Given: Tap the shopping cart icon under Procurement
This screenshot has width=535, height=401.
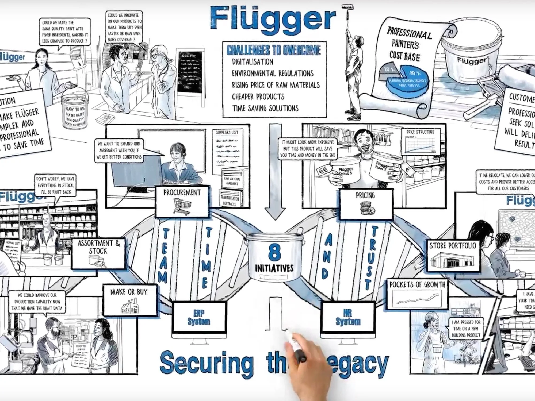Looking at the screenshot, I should click(x=182, y=206).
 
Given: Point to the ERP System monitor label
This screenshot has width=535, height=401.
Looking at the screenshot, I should click(x=199, y=317).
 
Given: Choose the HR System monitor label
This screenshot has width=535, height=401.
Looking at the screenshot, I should click(x=348, y=317).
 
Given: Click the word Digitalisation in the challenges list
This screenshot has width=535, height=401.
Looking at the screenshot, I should click(x=252, y=62).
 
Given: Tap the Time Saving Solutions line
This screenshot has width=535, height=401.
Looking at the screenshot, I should click(x=265, y=108).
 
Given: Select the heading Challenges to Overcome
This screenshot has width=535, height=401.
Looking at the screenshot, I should click(x=274, y=50).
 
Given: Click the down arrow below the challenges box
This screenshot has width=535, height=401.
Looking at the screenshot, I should click(x=275, y=171).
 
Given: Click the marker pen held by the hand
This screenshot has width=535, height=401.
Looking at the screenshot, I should click(x=296, y=345).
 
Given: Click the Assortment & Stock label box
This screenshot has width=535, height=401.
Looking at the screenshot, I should click(x=98, y=253).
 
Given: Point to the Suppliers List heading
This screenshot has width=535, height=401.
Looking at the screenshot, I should click(x=227, y=132).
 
